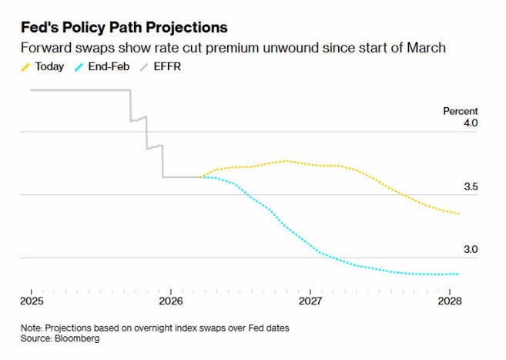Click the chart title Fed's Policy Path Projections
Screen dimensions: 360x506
(x=124, y=27)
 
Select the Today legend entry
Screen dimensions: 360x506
(x=44, y=67)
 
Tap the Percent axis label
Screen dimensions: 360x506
(x=460, y=111)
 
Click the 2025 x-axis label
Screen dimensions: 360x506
(x=32, y=300)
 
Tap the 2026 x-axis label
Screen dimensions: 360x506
(x=171, y=300)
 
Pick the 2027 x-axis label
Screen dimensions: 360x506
(x=310, y=300)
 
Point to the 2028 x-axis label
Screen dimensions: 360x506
(x=450, y=300)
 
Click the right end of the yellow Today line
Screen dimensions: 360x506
(x=459, y=214)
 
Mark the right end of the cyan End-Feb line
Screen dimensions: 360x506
(x=459, y=274)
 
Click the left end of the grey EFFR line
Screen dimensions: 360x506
(x=31, y=90)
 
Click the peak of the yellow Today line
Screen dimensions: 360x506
(x=286, y=160)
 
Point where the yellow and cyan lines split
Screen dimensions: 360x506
(x=202, y=177)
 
